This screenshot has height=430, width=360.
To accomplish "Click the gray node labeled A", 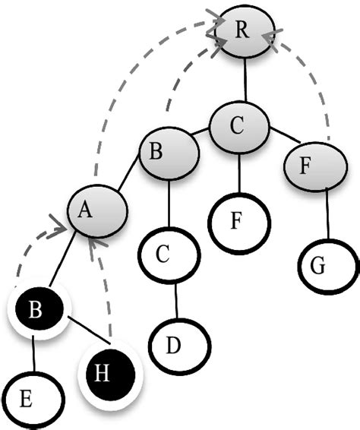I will pyautogui.click(x=96, y=213).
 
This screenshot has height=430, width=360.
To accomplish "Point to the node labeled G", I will pyautogui.click(x=327, y=268).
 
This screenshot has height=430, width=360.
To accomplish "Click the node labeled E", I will pyautogui.click(x=30, y=397).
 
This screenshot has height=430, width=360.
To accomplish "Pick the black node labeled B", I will pyautogui.click(x=36, y=311).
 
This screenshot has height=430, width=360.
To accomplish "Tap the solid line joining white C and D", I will pyautogui.click(x=176, y=300).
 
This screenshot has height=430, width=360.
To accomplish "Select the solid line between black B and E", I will pyautogui.click(x=33, y=354).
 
